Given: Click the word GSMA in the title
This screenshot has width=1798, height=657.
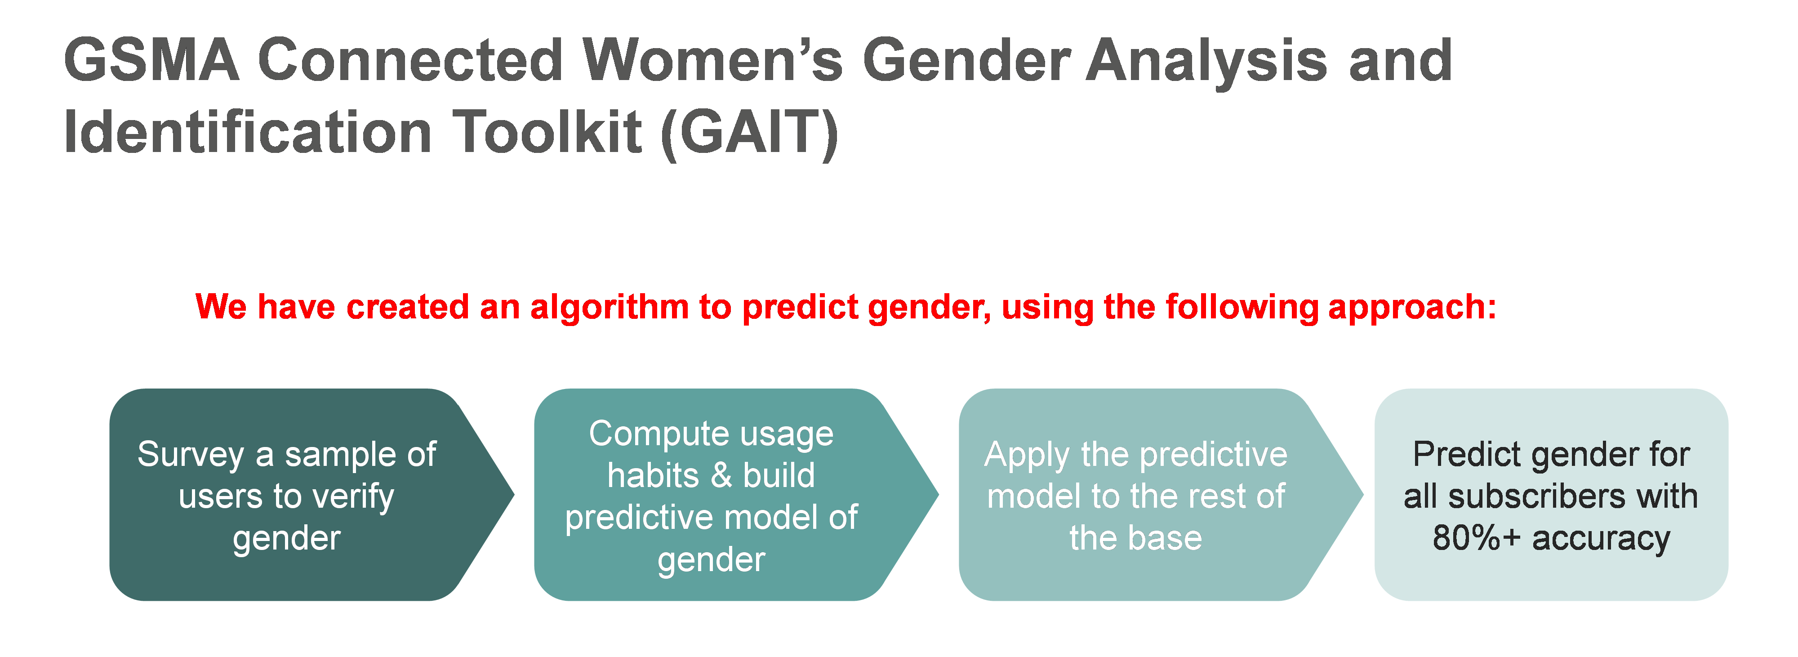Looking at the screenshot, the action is [x=151, y=60].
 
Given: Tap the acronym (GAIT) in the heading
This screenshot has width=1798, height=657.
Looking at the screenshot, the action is [x=748, y=133].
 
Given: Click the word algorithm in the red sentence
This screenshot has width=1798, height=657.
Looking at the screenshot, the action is [x=610, y=307].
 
